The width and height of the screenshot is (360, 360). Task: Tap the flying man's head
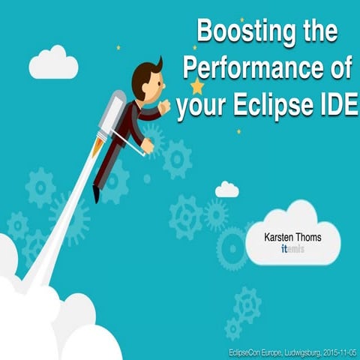146,77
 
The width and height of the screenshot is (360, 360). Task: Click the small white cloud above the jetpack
53,63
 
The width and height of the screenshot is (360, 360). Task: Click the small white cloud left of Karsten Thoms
226,190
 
